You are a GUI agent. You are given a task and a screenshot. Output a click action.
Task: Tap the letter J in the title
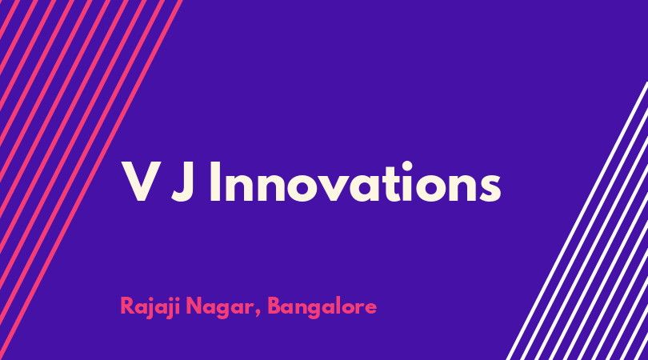point(183,182)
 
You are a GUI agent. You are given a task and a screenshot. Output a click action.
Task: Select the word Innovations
point(355,182)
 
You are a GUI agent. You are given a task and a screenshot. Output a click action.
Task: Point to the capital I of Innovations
point(215,182)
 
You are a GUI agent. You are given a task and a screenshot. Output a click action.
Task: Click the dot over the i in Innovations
point(407,166)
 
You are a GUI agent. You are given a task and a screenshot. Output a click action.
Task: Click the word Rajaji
point(150,307)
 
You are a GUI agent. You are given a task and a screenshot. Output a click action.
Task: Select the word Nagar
point(220,308)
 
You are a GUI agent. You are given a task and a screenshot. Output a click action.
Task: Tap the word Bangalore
point(322,307)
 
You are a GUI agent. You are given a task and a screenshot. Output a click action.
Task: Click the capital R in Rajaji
point(126,306)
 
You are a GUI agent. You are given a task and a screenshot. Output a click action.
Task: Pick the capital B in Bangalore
point(274,306)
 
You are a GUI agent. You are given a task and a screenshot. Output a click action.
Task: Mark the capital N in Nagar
point(194,306)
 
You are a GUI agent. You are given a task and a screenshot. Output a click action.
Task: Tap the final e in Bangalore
point(370,308)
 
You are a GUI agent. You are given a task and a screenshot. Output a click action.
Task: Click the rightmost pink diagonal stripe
point(91,180)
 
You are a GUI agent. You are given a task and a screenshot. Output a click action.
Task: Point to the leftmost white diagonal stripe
point(577,221)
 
